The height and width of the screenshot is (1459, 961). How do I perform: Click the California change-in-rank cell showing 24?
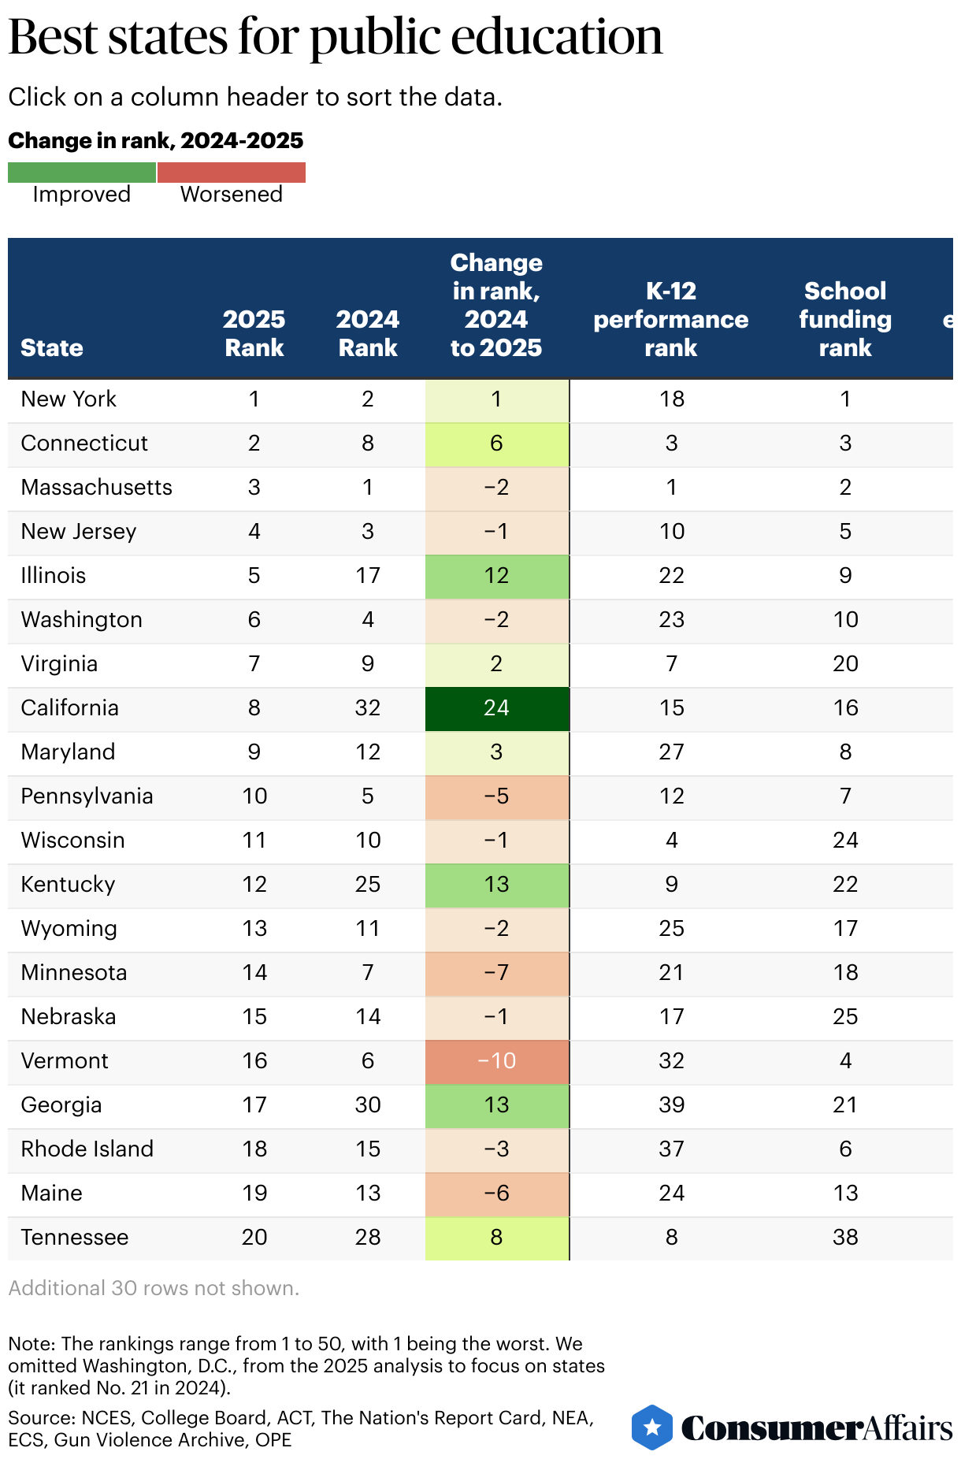tap(496, 708)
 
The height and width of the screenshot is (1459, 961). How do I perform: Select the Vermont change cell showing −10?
tap(496, 1061)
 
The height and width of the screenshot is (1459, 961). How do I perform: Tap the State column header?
tap(52, 347)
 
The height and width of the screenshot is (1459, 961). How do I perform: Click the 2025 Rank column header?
tap(254, 333)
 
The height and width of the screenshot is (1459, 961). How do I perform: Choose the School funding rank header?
tap(845, 319)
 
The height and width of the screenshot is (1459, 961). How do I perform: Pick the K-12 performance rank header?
tap(671, 319)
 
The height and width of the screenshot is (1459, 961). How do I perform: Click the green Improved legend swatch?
tap(82, 173)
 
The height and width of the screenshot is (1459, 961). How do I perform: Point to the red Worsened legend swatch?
tap(232, 173)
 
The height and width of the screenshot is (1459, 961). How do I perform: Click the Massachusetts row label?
tap(96, 488)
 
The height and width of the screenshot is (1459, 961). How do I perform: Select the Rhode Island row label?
tap(87, 1149)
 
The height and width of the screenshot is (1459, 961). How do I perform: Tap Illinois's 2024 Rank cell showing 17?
tap(368, 576)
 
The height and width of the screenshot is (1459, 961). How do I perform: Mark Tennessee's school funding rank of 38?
tap(845, 1238)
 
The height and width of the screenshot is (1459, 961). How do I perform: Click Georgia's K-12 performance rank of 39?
tap(671, 1105)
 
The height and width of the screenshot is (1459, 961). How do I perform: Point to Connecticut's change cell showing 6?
tap(496, 444)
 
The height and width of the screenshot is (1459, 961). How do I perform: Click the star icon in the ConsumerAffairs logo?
tap(652, 1427)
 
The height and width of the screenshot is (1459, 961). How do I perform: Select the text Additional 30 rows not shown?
tap(154, 1288)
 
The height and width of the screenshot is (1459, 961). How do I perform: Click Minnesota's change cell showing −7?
tap(496, 973)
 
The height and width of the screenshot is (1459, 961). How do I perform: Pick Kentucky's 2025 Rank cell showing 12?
tap(254, 885)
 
